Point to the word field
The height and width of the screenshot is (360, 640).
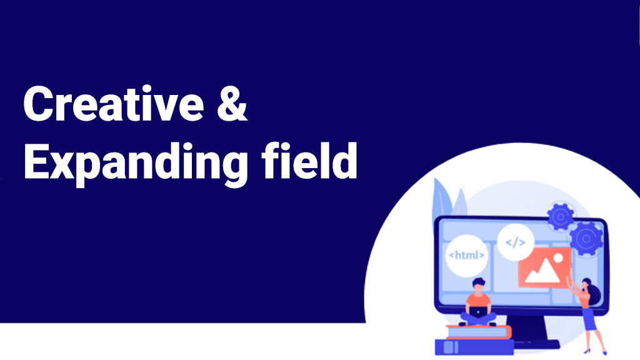tap(309, 160)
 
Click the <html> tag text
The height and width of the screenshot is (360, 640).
tap(466, 255)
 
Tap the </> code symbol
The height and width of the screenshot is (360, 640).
tap(516, 242)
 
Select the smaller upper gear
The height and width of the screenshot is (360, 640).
tap(561, 217)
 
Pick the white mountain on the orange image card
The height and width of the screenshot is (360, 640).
tap(542, 271)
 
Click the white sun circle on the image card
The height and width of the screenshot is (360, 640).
tap(558, 258)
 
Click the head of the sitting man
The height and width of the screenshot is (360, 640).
tap(478, 285)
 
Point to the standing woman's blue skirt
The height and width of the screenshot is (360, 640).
tap(589, 319)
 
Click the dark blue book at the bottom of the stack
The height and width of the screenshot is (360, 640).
tap(474, 347)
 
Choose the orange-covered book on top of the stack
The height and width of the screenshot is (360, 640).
tap(478, 332)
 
